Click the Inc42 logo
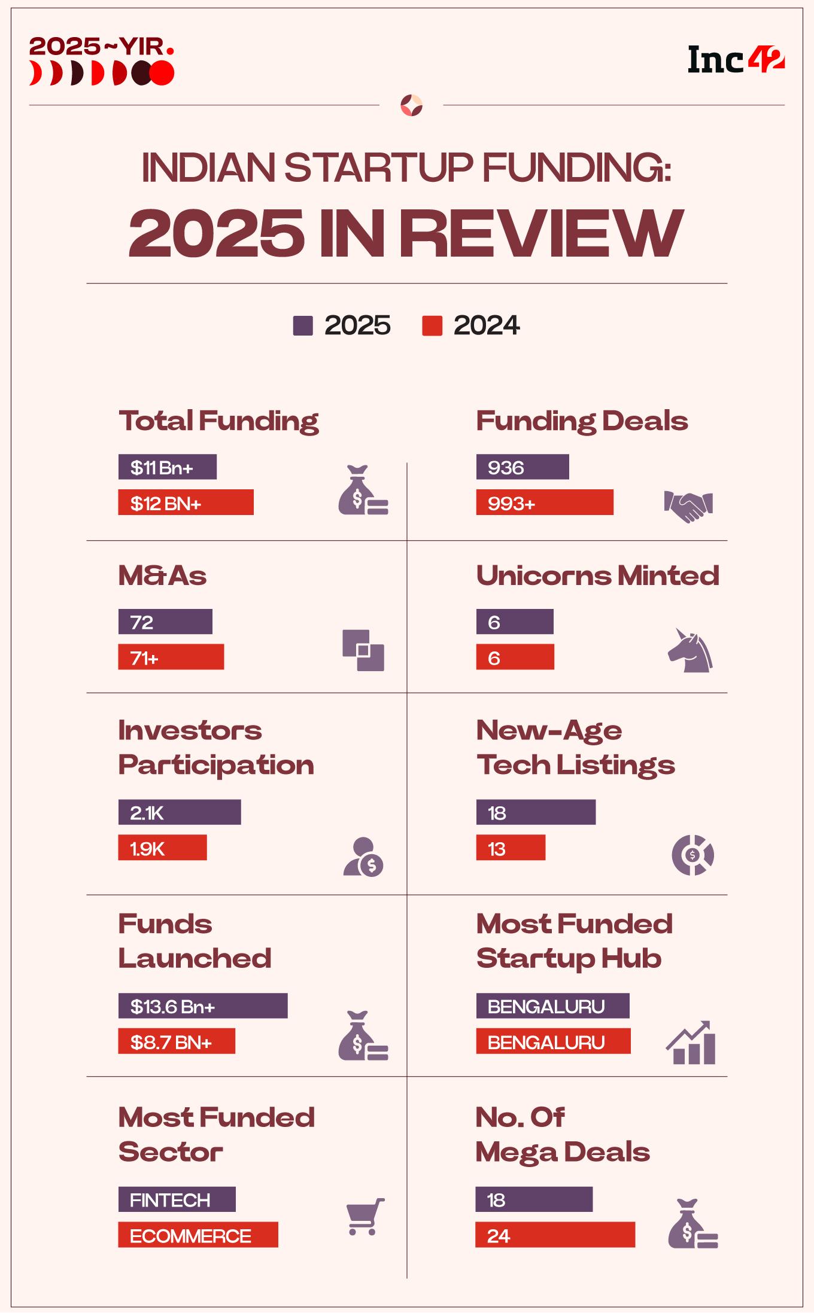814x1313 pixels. [736, 60]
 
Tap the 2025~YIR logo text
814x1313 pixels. [101, 47]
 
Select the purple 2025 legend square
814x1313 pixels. [303, 326]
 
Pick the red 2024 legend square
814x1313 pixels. [432, 326]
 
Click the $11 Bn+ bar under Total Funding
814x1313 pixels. [167, 467]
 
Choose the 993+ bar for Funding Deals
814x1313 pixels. [545, 502]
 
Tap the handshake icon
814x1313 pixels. [688, 506]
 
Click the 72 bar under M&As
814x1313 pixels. [165, 622]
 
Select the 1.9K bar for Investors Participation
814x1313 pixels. [162, 848]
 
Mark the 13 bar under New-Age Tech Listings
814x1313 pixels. [511, 848]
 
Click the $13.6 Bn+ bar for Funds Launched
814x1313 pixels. [202, 1006]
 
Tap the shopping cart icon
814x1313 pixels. [365, 1217]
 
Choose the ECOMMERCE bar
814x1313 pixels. [198, 1235]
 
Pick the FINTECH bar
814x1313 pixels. [177, 1200]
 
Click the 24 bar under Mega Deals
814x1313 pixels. [555, 1235]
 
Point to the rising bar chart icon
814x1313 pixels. [691, 1043]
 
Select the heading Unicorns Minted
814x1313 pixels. [597, 576]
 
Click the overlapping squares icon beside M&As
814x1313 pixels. [363, 650]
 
